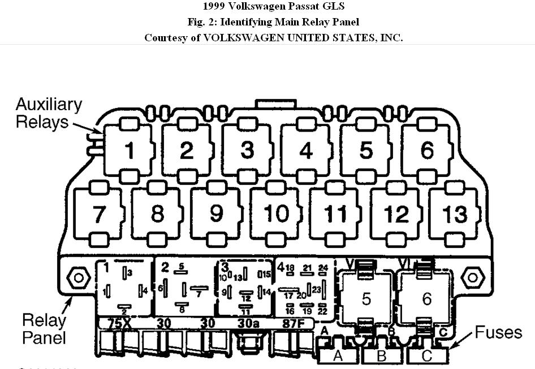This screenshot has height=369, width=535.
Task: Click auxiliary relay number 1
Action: (x=130, y=150)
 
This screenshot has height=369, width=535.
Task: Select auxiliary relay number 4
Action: (x=306, y=150)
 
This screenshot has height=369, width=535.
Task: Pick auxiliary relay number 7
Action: (x=100, y=214)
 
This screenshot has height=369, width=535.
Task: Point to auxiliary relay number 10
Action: (x=277, y=214)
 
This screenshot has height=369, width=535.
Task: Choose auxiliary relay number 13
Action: (x=455, y=214)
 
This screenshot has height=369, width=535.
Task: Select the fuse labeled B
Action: (x=381, y=356)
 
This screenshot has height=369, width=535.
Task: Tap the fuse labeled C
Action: (x=426, y=356)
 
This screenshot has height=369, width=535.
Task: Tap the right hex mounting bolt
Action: (x=472, y=278)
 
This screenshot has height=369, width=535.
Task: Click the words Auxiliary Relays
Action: (x=49, y=113)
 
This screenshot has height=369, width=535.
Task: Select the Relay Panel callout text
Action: (x=44, y=329)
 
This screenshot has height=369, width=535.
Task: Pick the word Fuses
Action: (x=498, y=332)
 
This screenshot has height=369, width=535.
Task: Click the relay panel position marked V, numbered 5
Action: (x=366, y=298)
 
